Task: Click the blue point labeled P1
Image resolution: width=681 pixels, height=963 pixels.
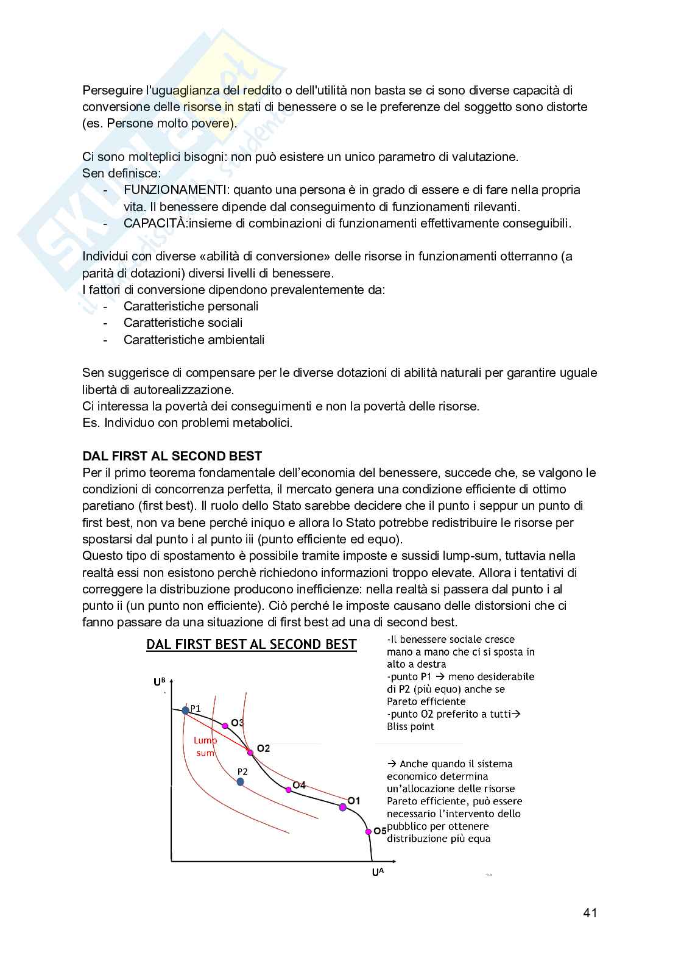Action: point(186,711)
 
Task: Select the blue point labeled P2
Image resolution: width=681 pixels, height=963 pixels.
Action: point(241,782)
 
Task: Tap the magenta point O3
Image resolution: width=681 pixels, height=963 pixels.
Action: point(225,725)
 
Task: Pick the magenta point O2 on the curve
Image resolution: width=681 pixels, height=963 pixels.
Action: point(250,752)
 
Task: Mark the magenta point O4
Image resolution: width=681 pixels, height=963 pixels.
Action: point(289,790)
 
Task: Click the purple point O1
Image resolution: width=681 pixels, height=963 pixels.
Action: point(342,807)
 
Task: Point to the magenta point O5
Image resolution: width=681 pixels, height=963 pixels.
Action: point(368,831)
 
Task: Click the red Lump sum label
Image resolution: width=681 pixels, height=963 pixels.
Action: point(205,746)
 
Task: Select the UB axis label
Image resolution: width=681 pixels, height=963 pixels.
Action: point(160,682)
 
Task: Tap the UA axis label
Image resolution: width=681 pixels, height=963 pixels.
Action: point(378,872)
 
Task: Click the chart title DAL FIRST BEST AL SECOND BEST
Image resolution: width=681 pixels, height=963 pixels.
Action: point(251,645)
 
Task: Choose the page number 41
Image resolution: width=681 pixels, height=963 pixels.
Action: point(590,913)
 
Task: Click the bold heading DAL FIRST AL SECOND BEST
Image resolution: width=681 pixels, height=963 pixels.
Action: point(172,456)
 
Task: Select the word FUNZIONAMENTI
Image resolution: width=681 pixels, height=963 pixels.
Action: point(175,190)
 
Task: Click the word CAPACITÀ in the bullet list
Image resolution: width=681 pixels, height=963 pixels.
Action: point(155,223)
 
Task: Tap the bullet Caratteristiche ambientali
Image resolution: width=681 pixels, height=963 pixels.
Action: point(194,340)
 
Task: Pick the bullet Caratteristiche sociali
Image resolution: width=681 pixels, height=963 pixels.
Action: point(183,323)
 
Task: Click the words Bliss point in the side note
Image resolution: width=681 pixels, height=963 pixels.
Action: point(411,726)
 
